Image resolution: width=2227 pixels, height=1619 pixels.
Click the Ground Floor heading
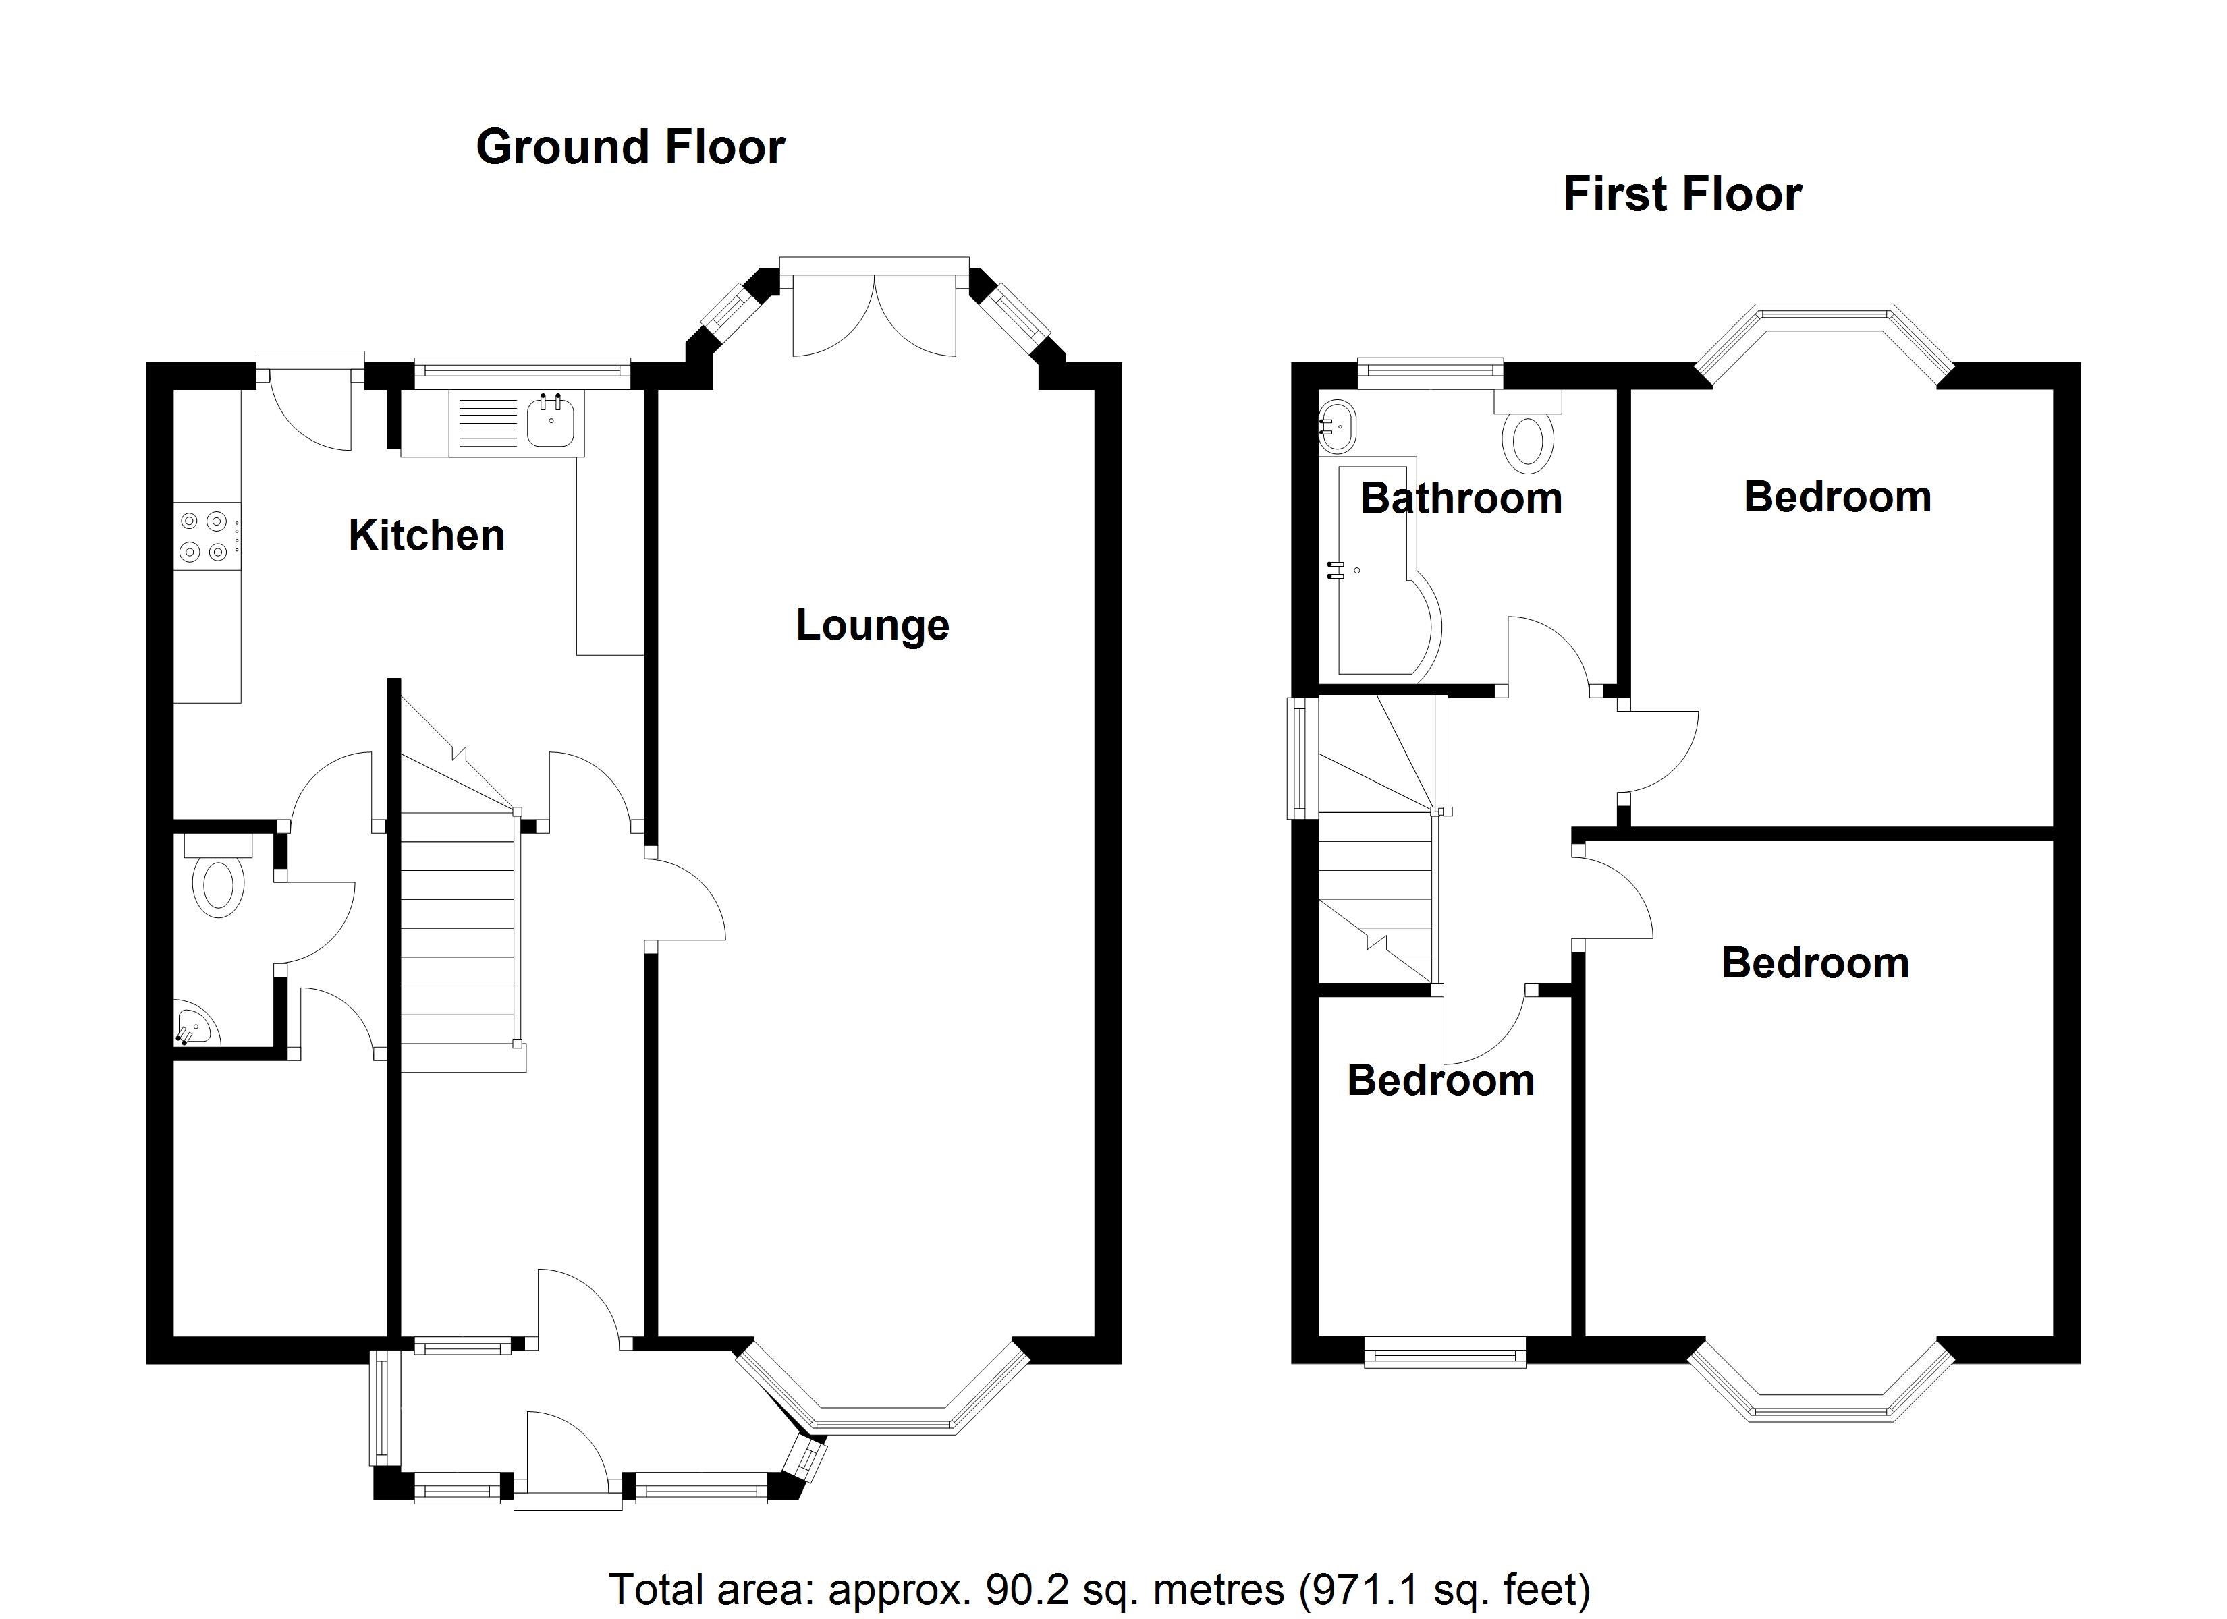630,147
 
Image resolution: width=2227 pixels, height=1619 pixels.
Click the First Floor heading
1682,194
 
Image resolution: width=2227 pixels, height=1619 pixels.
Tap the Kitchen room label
427,535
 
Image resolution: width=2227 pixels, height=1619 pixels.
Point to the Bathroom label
1461,499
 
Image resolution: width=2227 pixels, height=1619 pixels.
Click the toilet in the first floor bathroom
1528,432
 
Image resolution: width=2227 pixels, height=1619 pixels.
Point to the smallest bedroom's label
1441,1081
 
